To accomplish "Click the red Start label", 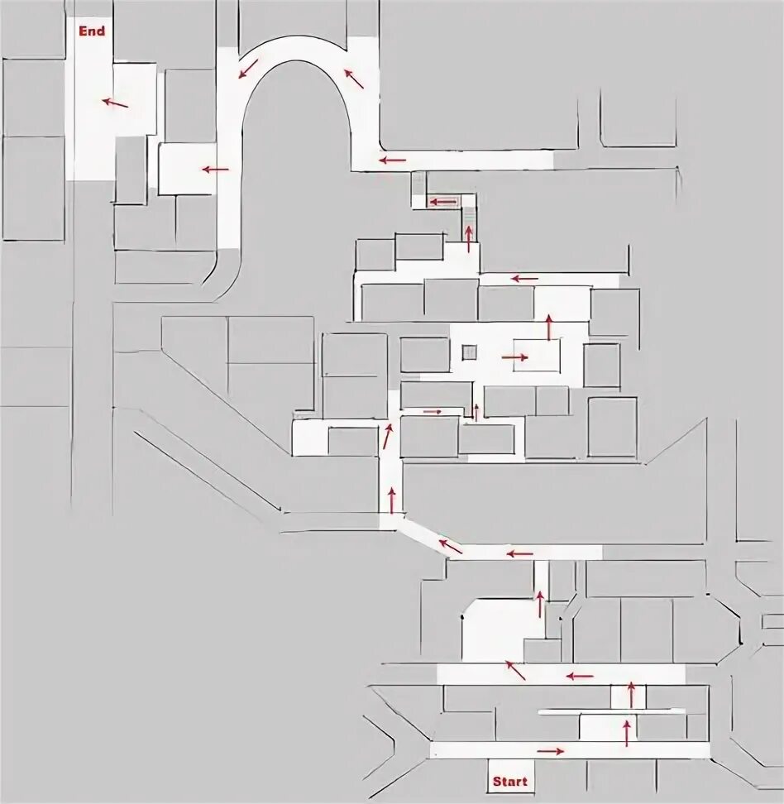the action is (509, 781).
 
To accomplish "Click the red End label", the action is (92, 31).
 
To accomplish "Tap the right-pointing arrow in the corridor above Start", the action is (551, 751).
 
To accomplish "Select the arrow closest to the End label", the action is (115, 103).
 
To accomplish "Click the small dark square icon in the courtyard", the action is (470, 352).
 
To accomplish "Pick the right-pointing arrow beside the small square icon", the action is (514, 357).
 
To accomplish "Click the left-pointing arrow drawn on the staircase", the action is (444, 201).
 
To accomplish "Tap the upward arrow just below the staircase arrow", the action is (468, 238).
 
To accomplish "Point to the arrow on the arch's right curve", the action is (354, 79).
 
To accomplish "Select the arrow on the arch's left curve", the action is (247, 68).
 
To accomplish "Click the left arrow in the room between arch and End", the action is (215, 170).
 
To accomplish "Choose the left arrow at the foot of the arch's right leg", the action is (393, 160).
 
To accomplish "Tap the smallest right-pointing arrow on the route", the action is (433, 411).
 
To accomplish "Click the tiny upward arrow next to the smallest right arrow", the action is (476, 410).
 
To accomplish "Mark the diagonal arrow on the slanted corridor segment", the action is (450, 545).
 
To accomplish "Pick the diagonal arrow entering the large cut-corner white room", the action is (515, 669).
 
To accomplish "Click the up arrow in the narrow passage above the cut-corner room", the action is (540, 603).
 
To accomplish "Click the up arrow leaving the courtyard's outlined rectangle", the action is (548, 327).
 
